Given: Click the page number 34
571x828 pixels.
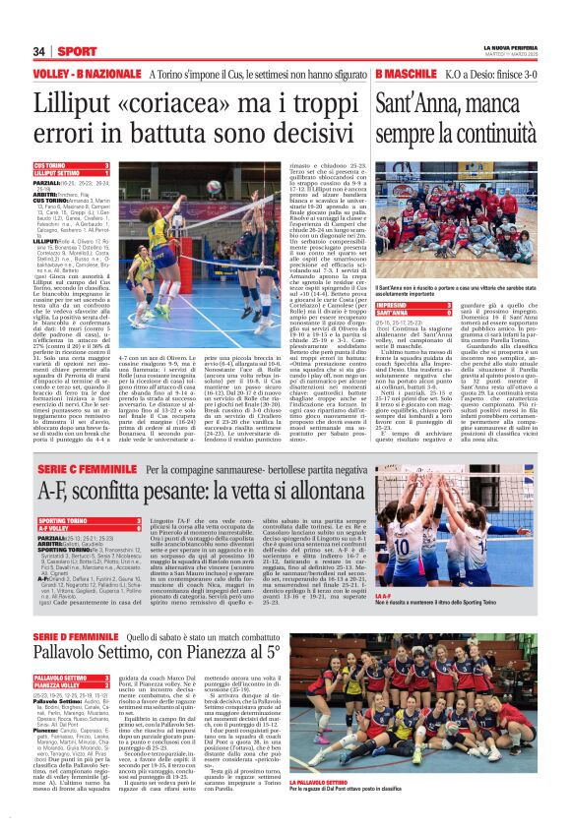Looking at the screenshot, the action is click(39, 51).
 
